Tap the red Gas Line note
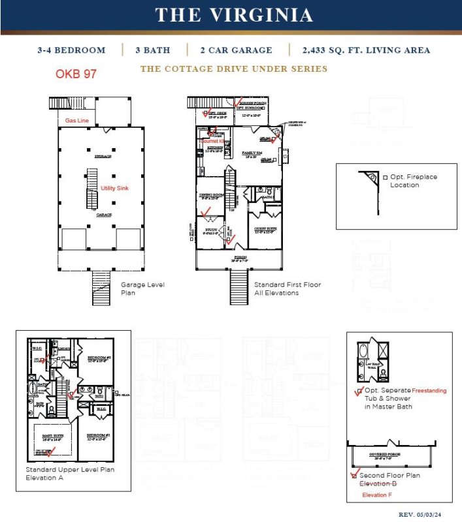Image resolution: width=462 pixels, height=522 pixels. pos(76,121)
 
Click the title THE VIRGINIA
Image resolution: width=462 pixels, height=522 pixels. pos(233,16)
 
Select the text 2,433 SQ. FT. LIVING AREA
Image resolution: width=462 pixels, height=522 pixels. pos(366,50)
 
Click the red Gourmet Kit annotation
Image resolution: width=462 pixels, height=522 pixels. pos(212,140)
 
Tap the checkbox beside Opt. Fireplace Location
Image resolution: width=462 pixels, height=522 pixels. pos(385,177)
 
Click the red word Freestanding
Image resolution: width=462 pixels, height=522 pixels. pos(429,391)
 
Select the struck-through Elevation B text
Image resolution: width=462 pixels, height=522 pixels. pos(378,484)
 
